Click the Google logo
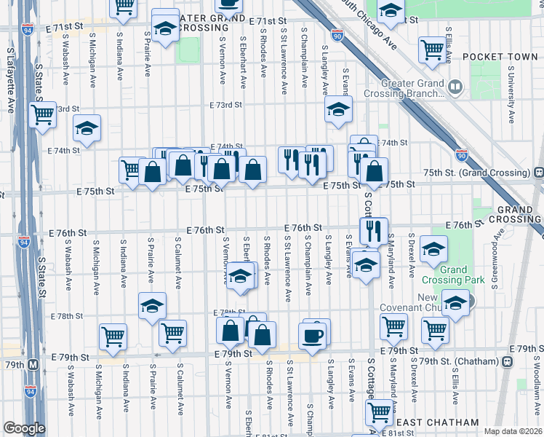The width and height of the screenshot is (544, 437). (x=24, y=428)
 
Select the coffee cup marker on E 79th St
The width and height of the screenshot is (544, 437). (x=313, y=337)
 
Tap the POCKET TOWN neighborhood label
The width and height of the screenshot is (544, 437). (x=497, y=57)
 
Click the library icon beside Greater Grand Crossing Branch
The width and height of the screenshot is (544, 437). (x=455, y=87)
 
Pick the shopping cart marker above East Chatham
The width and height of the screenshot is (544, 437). (x=379, y=412)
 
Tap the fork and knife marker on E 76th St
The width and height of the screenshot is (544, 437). (x=373, y=231)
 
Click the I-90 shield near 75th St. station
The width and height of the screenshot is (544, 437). (x=462, y=154)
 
